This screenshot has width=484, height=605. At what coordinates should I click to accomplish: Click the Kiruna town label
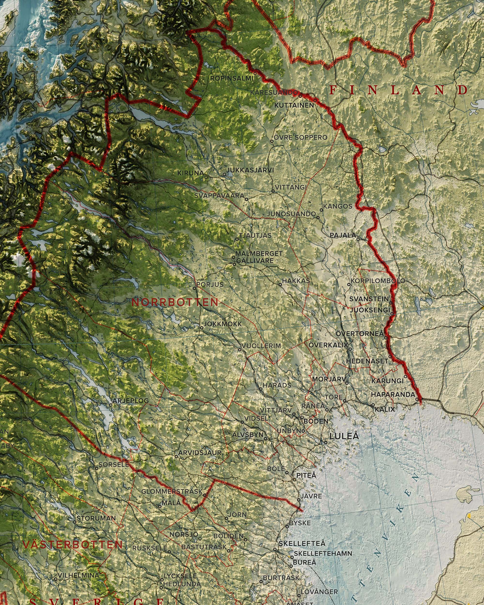[x=190, y=173]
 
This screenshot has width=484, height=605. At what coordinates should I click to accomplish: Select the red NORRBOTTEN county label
[x=175, y=302]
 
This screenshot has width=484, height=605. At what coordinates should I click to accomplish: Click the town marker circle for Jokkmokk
[x=201, y=327]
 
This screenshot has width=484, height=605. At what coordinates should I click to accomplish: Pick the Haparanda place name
[x=393, y=394]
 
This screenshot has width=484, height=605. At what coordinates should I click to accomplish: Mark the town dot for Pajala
[x=358, y=239]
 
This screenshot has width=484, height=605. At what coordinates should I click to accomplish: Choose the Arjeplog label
[x=131, y=401]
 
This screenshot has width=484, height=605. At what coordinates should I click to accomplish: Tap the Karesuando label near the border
[x=274, y=92]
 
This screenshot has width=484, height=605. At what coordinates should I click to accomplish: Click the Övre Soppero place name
[x=301, y=137]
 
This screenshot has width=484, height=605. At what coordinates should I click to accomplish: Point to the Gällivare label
[x=255, y=261]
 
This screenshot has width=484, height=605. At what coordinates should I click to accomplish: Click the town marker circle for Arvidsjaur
[x=176, y=457]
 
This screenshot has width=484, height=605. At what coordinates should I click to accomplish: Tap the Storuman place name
[x=96, y=518]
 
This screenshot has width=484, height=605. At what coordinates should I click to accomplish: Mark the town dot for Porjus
[x=194, y=288]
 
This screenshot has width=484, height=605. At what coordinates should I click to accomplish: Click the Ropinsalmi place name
[x=232, y=78]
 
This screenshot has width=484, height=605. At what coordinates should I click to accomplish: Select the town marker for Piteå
[x=295, y=480]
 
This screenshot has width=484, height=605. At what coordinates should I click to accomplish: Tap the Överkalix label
[x=328, y=345]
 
